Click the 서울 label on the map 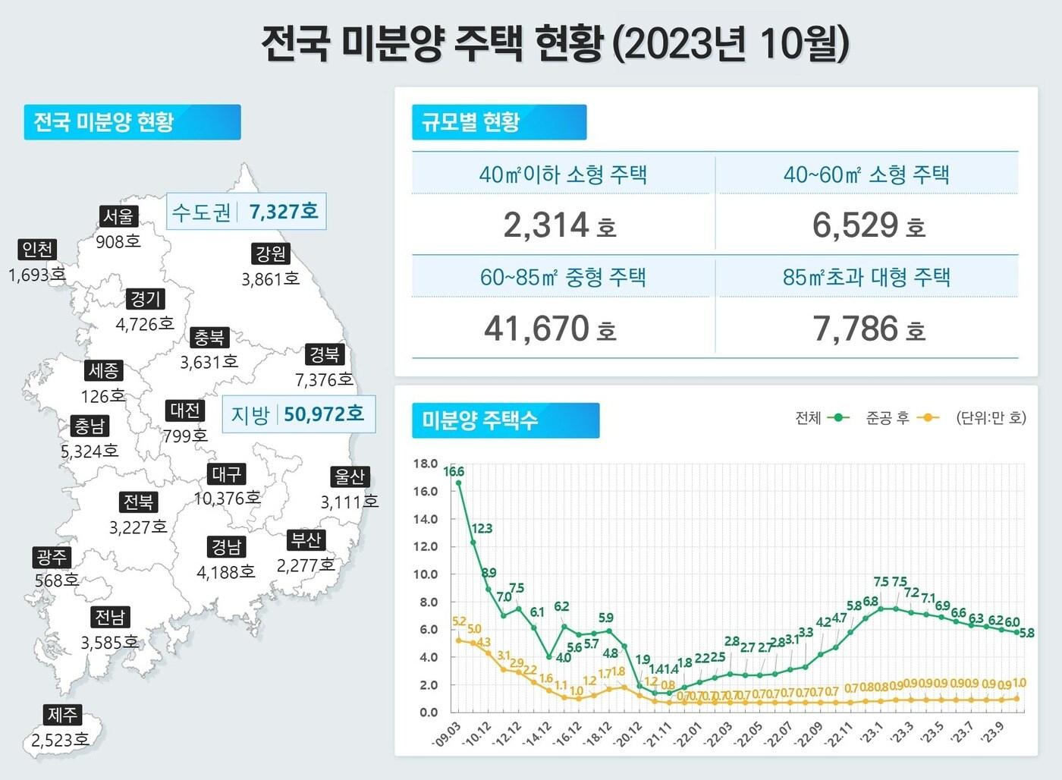click(x=118, y=217)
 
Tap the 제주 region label click(x=62, y=715)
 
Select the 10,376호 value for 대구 click(x=227, y=499)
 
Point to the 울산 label click(x=350, y=477)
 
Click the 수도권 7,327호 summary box click(x=246, y=212)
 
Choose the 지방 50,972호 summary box click(x=298, y=414)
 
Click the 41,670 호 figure click(x=550, y=329)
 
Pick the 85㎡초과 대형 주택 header click(x=866, y=277)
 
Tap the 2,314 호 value click(x=559, y=225)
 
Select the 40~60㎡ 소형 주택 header click(x=866, y=175)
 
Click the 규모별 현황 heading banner click(x=499, y=122)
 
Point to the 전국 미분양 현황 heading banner click(x=132, y=122)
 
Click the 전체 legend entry click(x=822, y=418)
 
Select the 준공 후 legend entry click(x=902, y=418)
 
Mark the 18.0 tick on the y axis click(x=426, y=464)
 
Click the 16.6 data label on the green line click(x=454, y=471)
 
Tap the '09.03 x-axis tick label click(x=448, y=733)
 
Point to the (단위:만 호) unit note click(x=991, y=418)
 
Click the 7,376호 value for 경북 click(x=324, y=379)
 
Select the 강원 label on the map click(x=271, y=254)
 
